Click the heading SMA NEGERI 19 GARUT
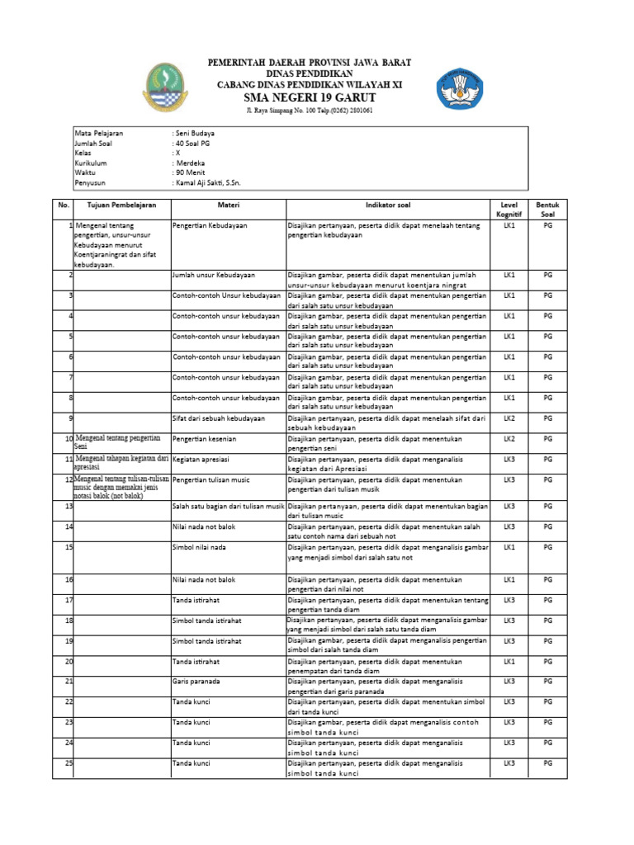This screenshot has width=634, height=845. coord(310,97)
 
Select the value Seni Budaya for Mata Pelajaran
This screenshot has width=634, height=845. coord(195,133)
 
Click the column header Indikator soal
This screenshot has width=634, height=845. coord(387,205)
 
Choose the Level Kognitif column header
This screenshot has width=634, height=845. coord(509,210)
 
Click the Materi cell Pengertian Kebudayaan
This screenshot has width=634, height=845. coord(209,225)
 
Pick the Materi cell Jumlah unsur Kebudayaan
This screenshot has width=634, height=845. coord(213,274)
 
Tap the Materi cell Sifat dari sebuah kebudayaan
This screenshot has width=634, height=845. coord(218,418)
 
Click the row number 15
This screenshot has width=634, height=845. coord(69,547)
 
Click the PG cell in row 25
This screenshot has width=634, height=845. coord(547,763)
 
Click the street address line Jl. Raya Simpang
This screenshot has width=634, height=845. coord(310,111)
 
